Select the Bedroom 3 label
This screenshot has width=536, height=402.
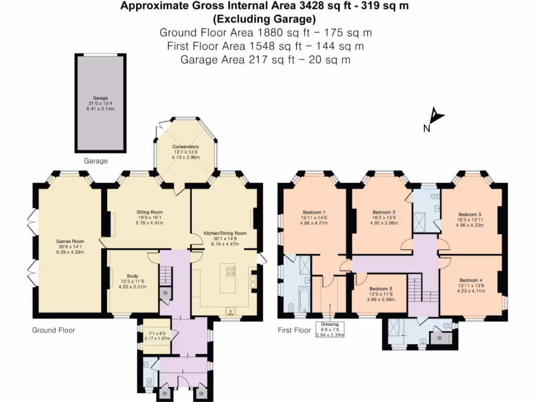coord(470,220)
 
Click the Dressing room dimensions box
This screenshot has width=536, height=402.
coord(330,328)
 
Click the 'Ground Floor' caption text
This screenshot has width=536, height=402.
coord(53,330)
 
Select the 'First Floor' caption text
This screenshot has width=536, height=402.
coord(294,330)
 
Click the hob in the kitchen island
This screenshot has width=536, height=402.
coord(230,272)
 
